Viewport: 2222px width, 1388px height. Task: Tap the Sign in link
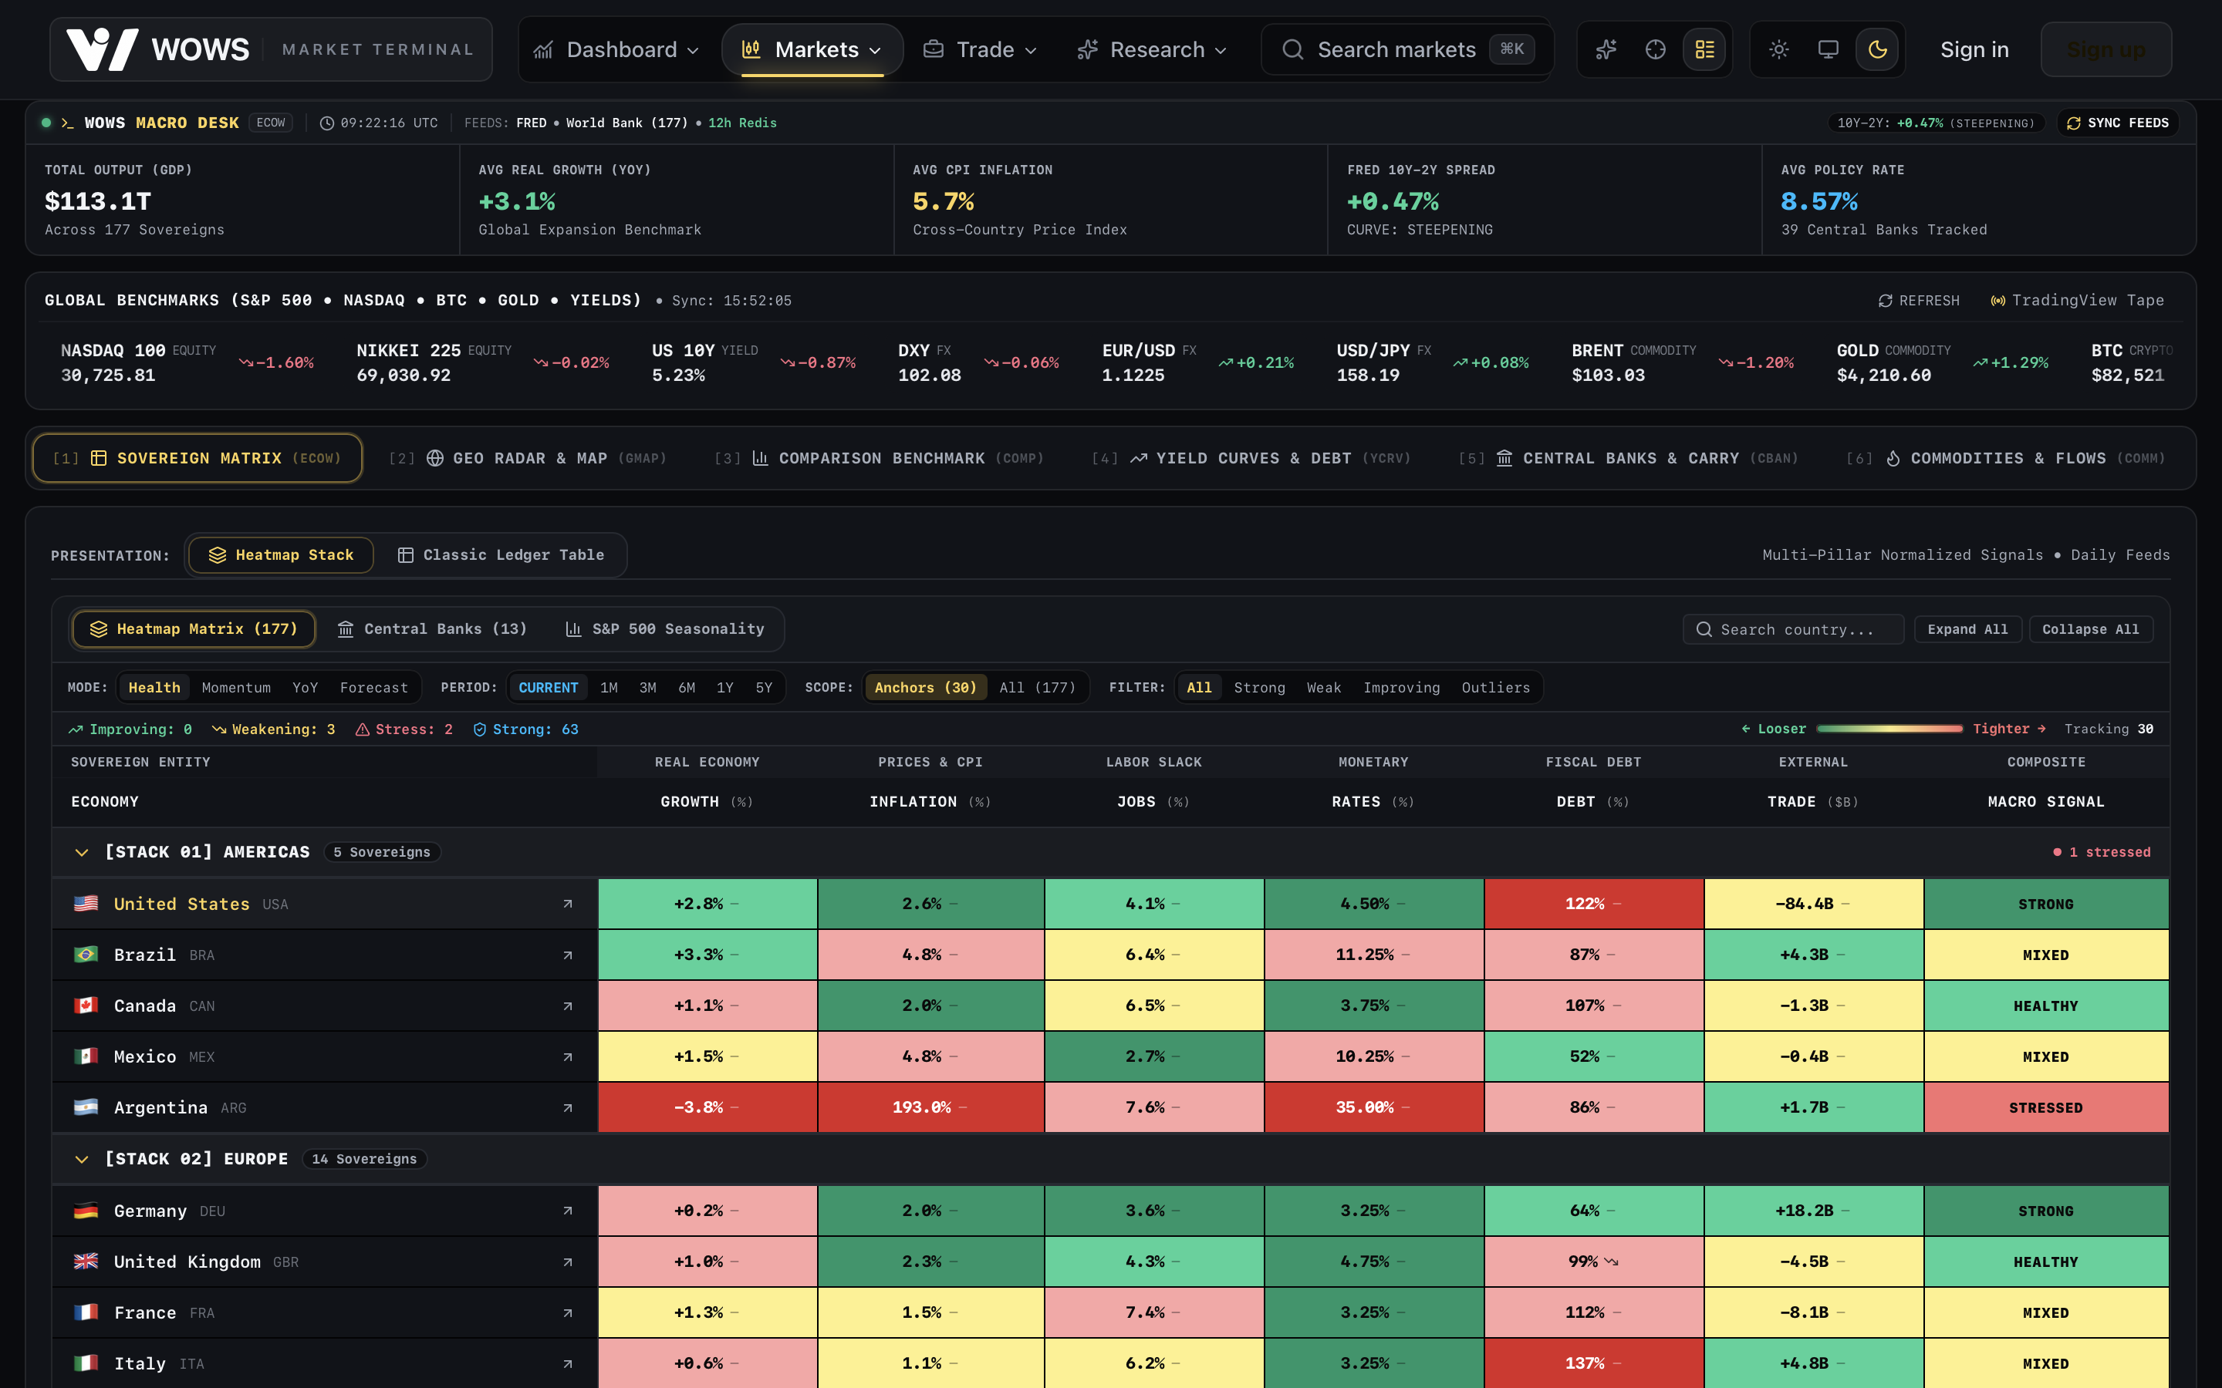(x=1974, y=49)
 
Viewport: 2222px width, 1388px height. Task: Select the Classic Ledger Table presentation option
(x=501, y=555)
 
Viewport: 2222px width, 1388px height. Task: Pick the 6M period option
(x=687, y=688)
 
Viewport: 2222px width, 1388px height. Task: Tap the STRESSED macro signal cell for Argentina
(x=2046, y=1108)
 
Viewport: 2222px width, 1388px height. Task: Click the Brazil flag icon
(x=86, y=955)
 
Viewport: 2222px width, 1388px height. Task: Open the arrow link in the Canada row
(x=567, y=1006)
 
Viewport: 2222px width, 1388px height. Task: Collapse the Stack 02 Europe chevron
(x=82, y=1160)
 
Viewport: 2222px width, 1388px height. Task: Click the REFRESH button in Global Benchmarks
(x=1919, y=301)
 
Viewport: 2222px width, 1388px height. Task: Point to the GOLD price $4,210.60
(x=1883, y=376)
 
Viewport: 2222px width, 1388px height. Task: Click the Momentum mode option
(x=236, y=688)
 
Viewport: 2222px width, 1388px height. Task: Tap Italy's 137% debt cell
(x=1594, y=1363)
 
